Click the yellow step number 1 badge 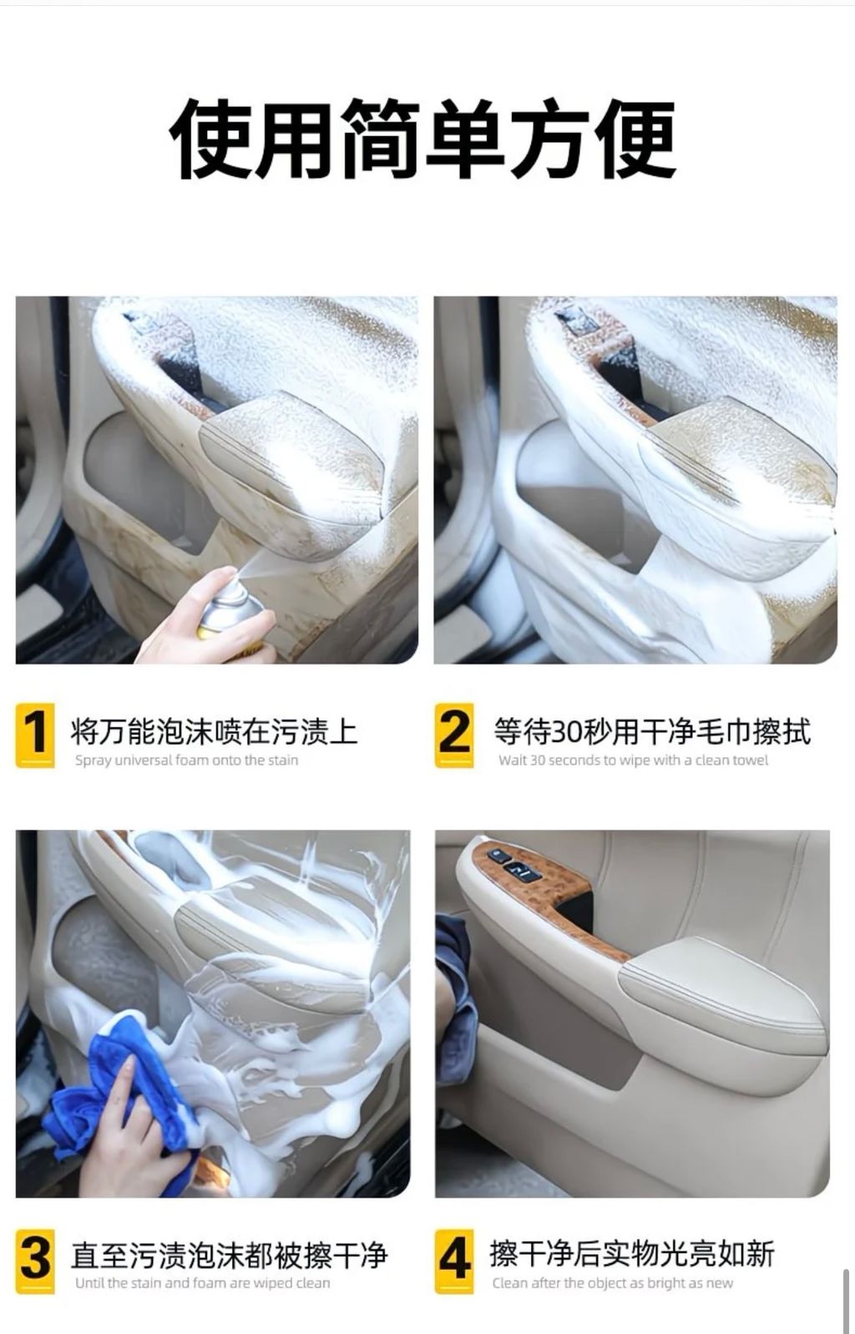click(35, 735)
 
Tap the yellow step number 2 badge click(454, 735)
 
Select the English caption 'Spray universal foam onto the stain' click(186, 760)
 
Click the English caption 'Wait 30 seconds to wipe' click(633, 760)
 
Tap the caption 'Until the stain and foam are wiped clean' click(203, 1283)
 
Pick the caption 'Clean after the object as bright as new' click(612, 1283)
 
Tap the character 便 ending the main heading click(635, 138)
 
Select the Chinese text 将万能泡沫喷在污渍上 click(214, 731)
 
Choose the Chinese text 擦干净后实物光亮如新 click(632, 1254)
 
